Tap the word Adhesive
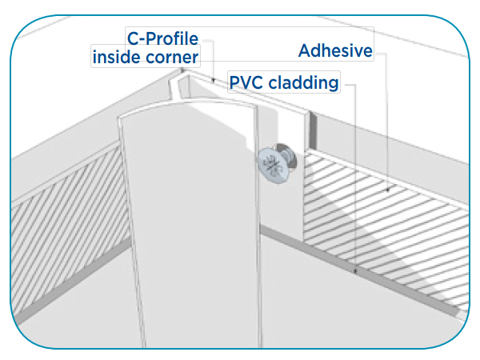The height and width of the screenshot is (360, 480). (336, 51)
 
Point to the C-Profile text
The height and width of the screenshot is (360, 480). (162, 38)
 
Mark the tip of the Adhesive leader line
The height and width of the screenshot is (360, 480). (387, 192)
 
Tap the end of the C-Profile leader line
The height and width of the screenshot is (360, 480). (214, 81)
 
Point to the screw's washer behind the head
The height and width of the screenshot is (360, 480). (285, 156)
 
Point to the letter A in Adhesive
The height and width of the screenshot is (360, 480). (305, 51)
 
